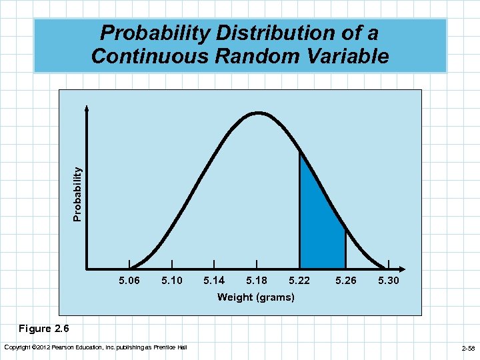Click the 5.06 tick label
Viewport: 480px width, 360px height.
[129, 281]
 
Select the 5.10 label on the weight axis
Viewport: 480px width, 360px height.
[172, 281]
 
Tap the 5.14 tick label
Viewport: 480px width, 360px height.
[214, 281]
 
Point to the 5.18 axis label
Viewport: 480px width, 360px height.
[257, 281]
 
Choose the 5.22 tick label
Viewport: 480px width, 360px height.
[299, 281]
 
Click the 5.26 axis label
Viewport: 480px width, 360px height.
[346, 281]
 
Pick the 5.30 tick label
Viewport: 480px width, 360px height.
[388, 281]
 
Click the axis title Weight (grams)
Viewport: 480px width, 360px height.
[255, 297]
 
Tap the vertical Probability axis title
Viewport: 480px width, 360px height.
[78, 194]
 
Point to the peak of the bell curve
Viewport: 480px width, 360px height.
[257, 113]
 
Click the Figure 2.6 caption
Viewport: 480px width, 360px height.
[43, 329]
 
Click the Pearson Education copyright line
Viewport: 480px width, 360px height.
[95, 347]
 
